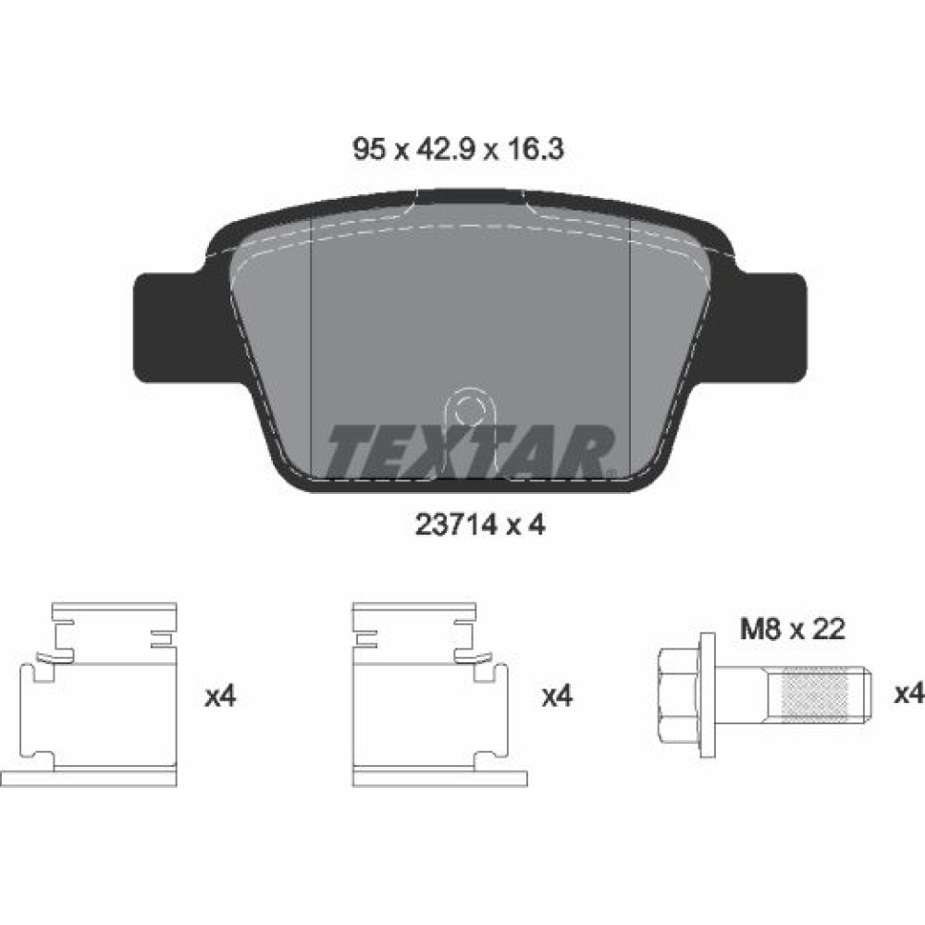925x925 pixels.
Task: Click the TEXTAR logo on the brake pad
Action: (470, 451)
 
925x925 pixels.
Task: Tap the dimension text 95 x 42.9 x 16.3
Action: (459, 149)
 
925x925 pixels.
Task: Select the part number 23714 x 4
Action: (480, 524)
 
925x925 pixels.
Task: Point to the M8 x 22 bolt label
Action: (793, 629)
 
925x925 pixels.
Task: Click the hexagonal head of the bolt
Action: (678, 695)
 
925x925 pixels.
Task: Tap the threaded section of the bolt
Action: (814, 695)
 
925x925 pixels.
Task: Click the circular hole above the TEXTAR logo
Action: (469, 408)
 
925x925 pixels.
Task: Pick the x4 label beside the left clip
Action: (220, 697)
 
